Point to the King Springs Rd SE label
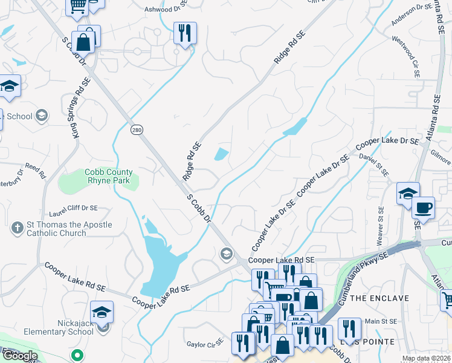[x=77, y=107]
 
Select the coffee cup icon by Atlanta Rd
[x=423, y=208]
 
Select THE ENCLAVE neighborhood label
[x=379, y=298]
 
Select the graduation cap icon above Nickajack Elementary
[x=102, y=312]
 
